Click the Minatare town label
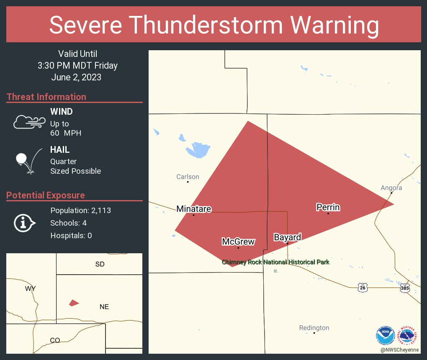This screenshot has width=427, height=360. [193, 208]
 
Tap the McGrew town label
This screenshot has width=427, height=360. [238, 242]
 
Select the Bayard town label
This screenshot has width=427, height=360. [287, 237]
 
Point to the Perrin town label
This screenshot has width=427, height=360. [328, 207]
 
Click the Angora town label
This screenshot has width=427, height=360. [391, 188]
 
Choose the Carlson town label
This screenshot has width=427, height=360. [188, 177]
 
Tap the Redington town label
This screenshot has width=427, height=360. [314, 328]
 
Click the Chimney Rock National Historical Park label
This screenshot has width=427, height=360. [275, 262]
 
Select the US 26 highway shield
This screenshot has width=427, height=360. [363, 287]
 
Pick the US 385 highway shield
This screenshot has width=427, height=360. [404, 288]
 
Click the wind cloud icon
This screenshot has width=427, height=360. [29, 122]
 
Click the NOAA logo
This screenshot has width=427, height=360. [385, 335]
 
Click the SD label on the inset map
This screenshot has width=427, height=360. [100, 264]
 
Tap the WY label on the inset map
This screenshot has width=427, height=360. [30, 289]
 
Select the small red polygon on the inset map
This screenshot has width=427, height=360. [74, 303]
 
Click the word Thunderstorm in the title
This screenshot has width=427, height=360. [214, 25]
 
